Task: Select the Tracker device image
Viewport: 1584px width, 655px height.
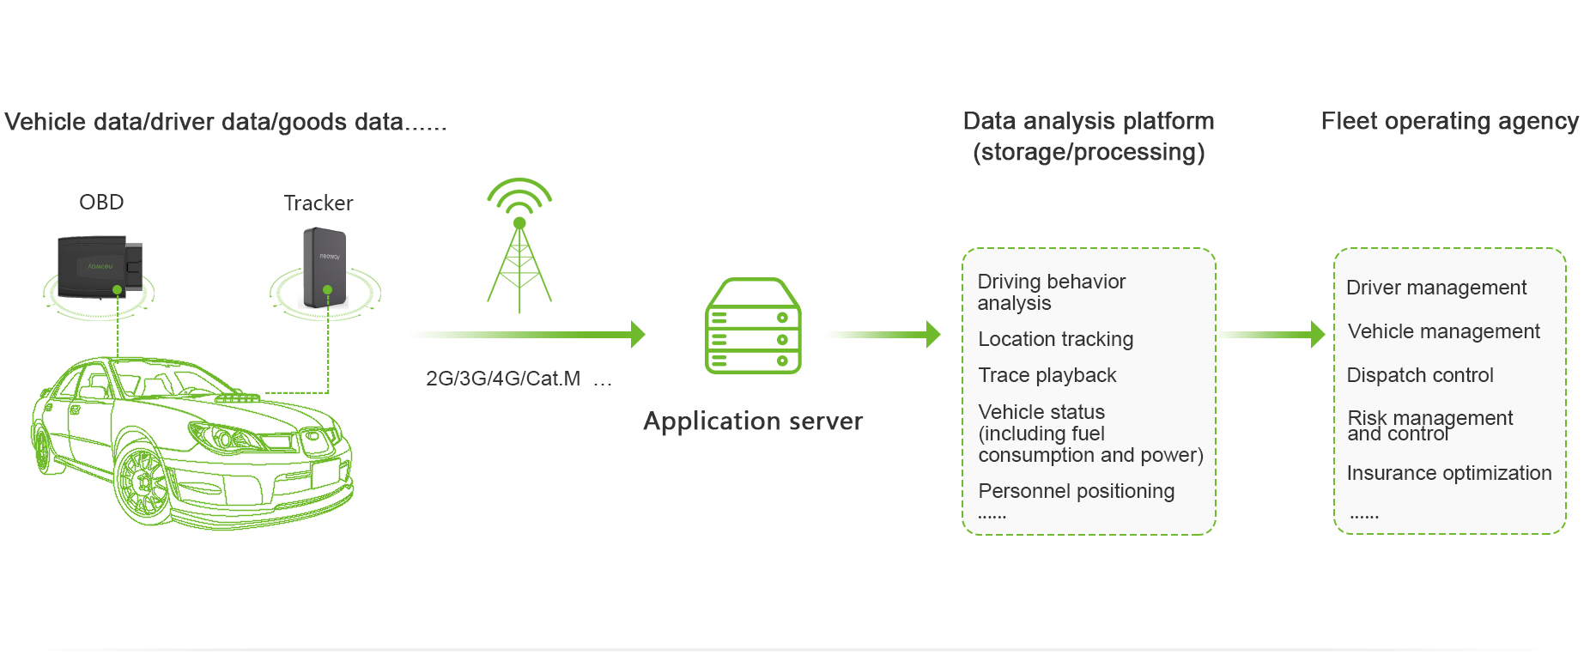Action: click(x=325, y=267)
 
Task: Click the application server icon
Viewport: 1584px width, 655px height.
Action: click(x=753, y=326)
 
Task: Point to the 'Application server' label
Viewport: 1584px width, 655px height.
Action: click(x=753, y=421)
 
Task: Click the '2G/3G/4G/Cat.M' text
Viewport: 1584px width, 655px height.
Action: click(x=503, y=379)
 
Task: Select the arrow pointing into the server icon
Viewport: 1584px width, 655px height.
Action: click(x=532, y=334)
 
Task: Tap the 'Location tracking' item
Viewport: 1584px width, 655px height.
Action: click(x=1055, y=339)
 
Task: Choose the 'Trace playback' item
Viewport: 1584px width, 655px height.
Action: click(x=1047, y=375)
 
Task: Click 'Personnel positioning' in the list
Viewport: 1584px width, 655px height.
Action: click(x=1076, y=491)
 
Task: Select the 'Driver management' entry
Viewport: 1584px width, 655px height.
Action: click(x=1435, y=288)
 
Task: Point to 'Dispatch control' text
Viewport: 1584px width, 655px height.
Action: click(x=1419, y=375)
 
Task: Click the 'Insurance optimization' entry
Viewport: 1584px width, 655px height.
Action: click(x=1448, y=473)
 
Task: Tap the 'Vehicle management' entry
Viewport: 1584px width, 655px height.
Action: click(x=1443, y=331)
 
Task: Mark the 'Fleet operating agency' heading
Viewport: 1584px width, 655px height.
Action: click(x=1448, y=121)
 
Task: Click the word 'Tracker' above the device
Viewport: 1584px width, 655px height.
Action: click(x=318, y=203)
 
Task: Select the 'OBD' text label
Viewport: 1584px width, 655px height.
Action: click(x=101, y=203)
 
